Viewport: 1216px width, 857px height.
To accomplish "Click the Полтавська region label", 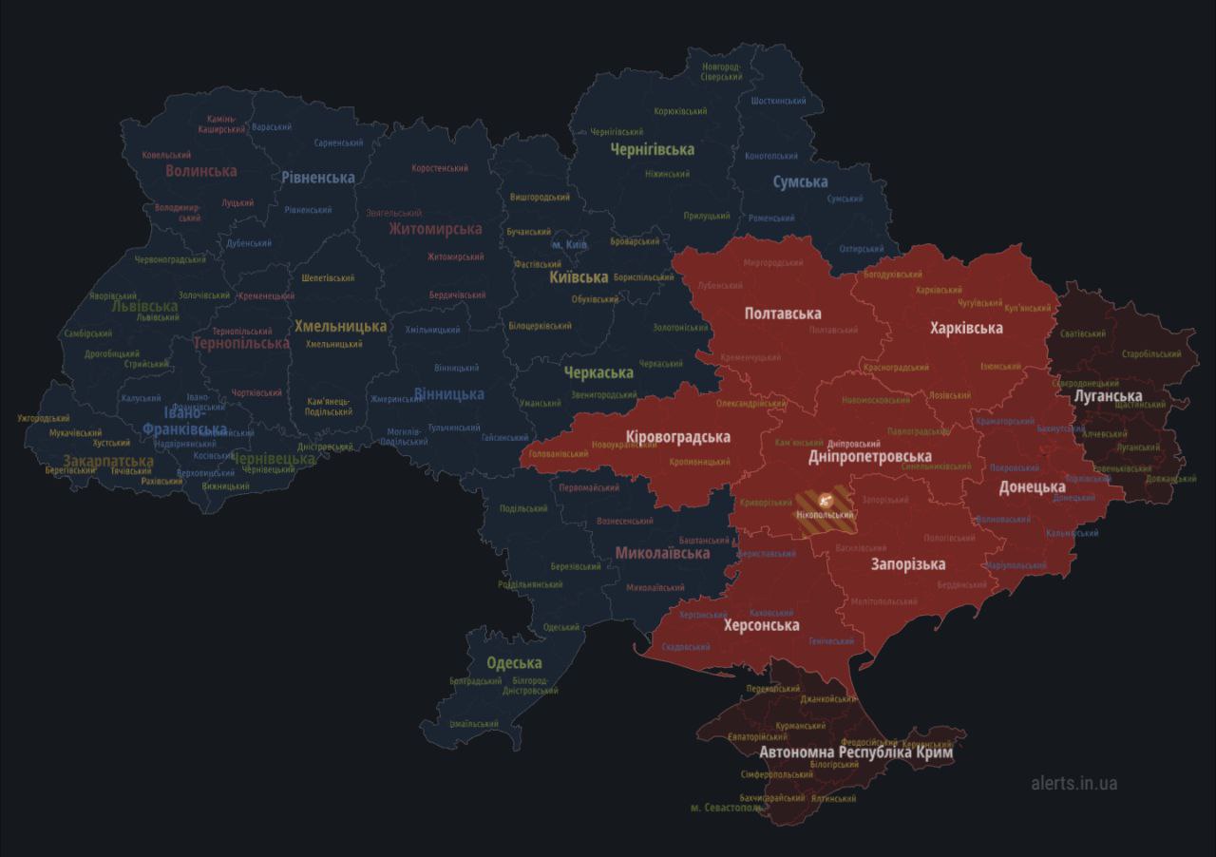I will tap(783, 314).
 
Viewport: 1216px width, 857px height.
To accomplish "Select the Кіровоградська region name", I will tap(677, 437).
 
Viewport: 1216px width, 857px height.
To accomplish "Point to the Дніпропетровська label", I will tap(869, 457).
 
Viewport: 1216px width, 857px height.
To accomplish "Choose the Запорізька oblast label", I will tap(908, 564).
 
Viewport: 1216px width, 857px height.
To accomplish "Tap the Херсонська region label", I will tap(761, 625).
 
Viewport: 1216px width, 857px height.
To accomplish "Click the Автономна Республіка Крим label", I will tap(855, 752).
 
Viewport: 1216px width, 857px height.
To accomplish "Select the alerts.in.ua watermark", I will tap(1073, 783).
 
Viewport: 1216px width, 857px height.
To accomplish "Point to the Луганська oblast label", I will tap(1107, 396).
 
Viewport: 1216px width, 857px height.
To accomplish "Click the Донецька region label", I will tap(1032, 487).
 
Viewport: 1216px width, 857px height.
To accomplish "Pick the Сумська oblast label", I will tap(799, 181).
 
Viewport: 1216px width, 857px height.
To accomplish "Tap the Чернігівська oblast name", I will tap(652, 149).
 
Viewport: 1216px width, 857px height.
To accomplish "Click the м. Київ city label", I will tap(570, 245).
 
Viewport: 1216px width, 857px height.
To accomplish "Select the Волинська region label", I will tap(200, 171).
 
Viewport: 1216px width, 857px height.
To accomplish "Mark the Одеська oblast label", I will tap(514, 663).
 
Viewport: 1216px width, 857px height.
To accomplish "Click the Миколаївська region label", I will tap(662, 553).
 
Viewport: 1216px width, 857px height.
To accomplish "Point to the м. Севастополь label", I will tap(726, 808).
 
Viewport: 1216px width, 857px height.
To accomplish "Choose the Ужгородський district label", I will tap(44, 418).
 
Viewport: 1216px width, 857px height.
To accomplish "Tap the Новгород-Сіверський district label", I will tap(721, 72).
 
